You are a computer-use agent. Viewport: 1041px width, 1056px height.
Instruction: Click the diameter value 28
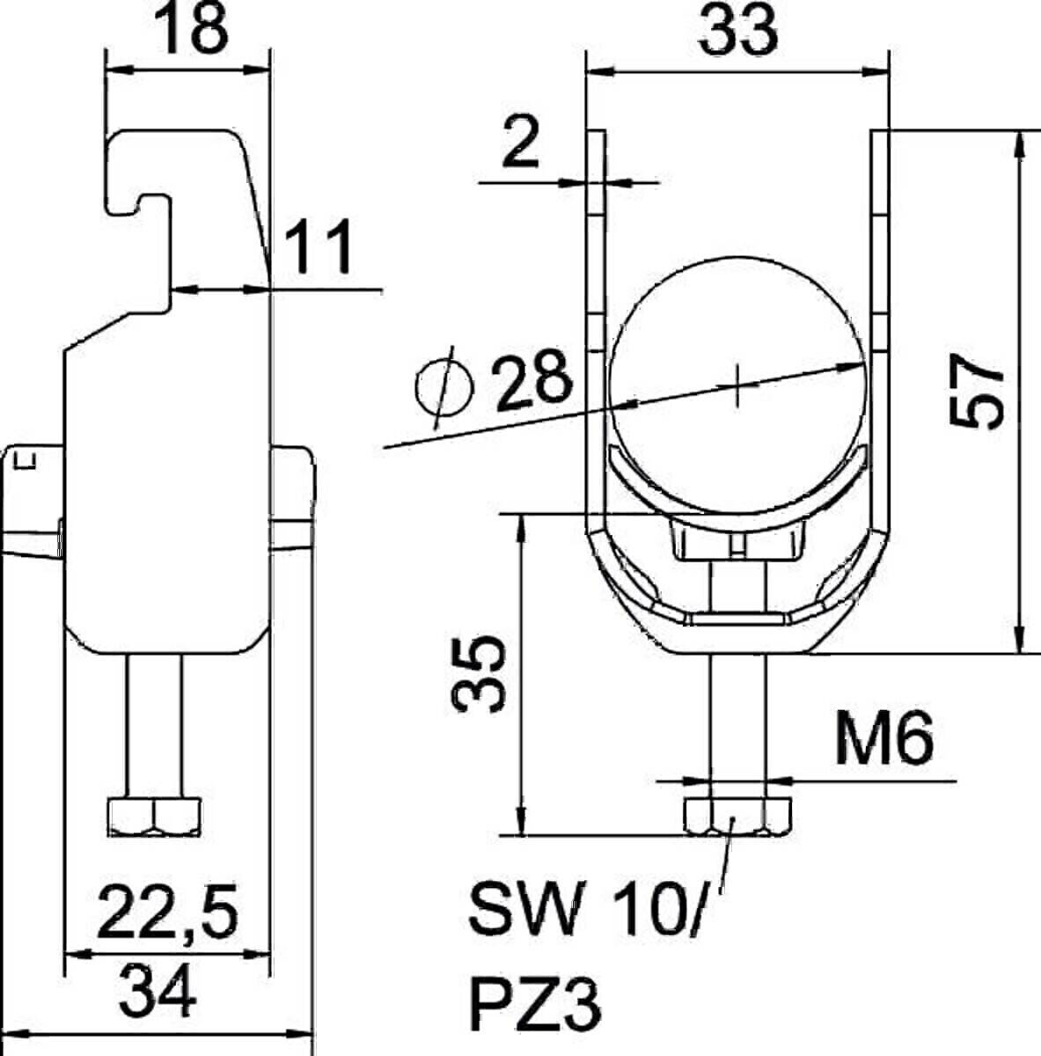532,384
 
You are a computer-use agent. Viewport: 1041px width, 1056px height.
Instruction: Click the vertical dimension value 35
480,673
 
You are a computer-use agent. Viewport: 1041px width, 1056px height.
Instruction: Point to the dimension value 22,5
168,912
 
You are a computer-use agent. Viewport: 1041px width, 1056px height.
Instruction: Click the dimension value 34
159,990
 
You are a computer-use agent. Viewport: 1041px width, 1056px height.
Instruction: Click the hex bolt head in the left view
156,817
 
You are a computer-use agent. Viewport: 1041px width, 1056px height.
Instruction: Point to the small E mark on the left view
26,458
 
